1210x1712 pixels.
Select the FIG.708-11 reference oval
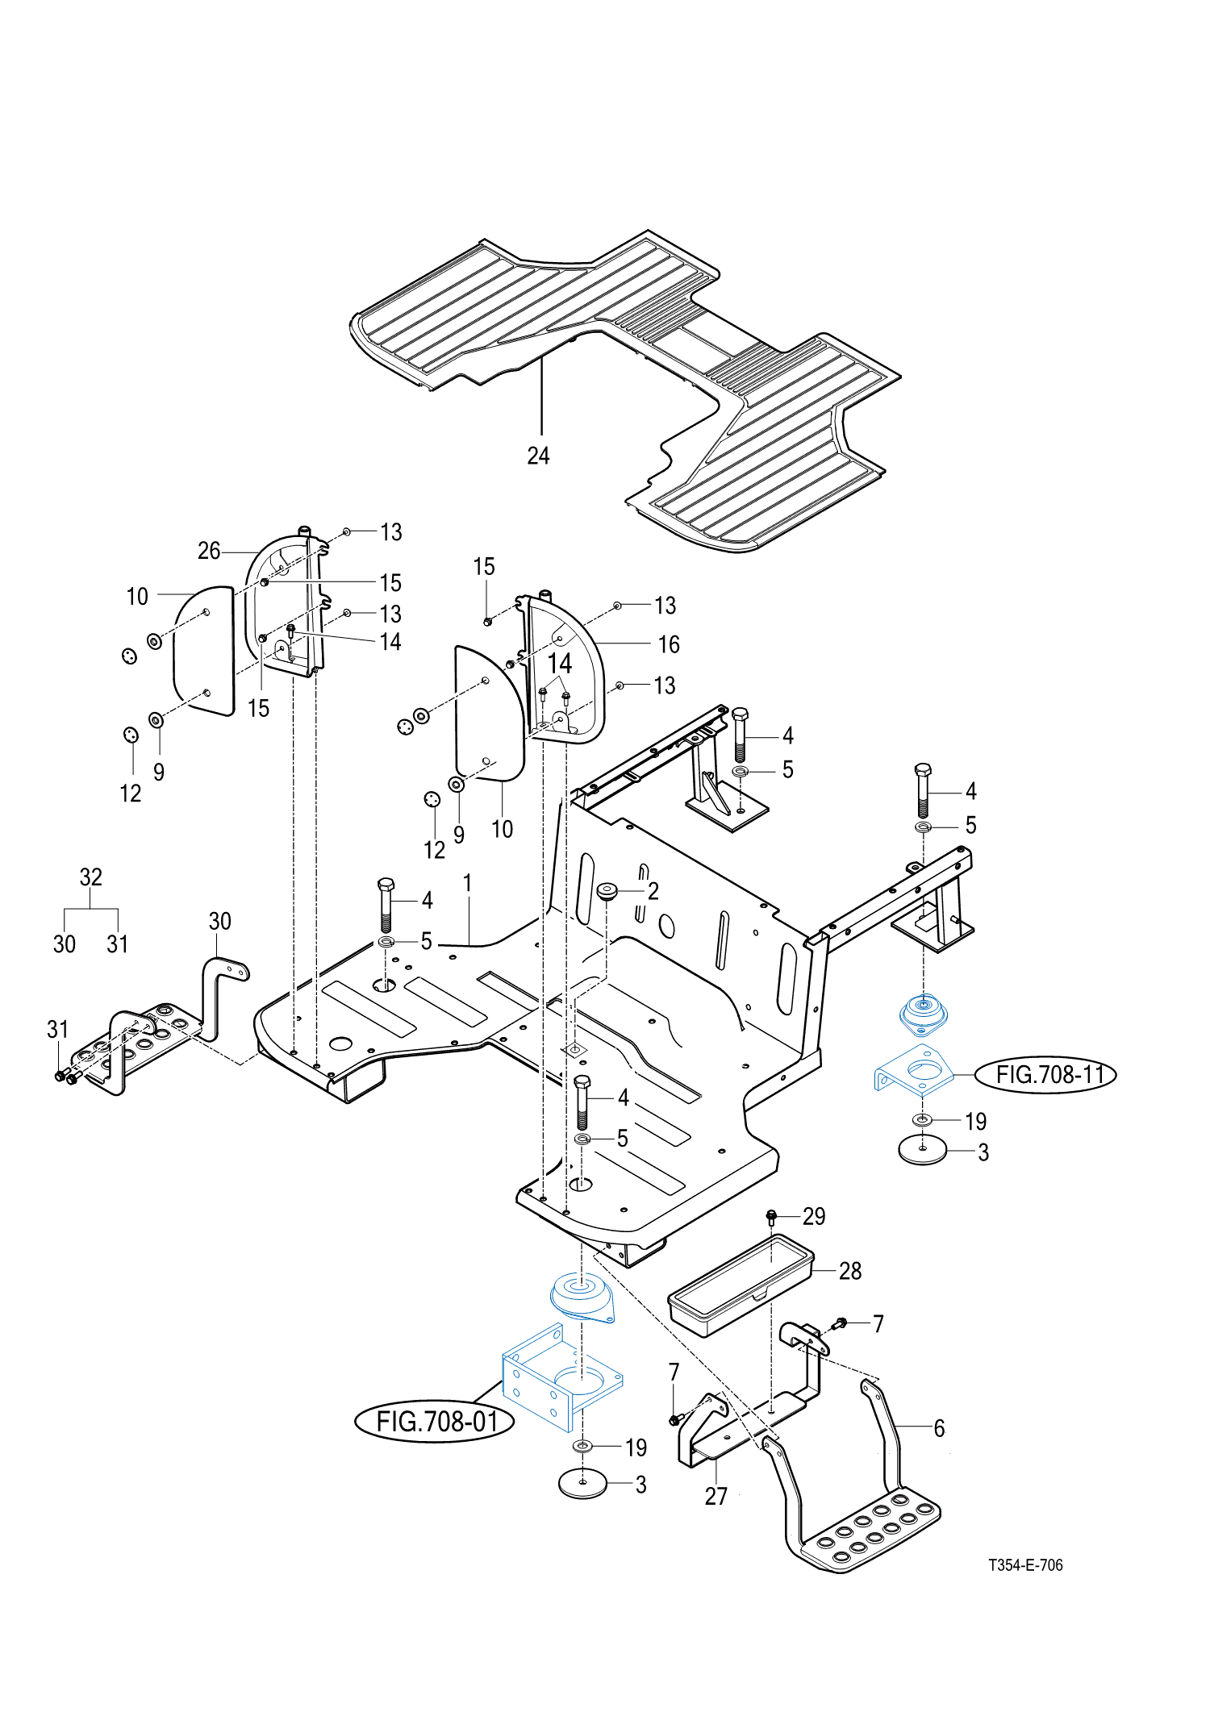click(x=1046, y=1074)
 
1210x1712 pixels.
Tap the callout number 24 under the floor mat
click(x=538, y=456)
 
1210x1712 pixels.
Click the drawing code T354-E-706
click(x=1025, y=1565)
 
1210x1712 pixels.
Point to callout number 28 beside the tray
click(x=850, y=1271)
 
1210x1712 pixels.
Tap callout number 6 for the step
click(x=939, y=1428)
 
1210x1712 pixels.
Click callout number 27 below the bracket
click(x=716, y=1496)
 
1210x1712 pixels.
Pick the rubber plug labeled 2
click(x=607, y=891)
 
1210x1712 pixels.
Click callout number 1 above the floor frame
click(x=467, y=883)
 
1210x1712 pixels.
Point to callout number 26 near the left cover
click(x=209, y=551)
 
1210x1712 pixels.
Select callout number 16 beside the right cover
click(x=669, y=644)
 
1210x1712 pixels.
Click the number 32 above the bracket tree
click(x=91, y=877)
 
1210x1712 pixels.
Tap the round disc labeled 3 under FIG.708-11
click(x=923, y=1150)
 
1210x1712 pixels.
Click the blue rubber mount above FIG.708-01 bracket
click(x=582, y=1296)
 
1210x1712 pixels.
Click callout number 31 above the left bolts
click(x=57, y=1029)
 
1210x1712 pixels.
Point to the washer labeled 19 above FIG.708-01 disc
click(x=583, y=1445)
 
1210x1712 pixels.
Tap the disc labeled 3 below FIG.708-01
click(x=582, y=1484)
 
